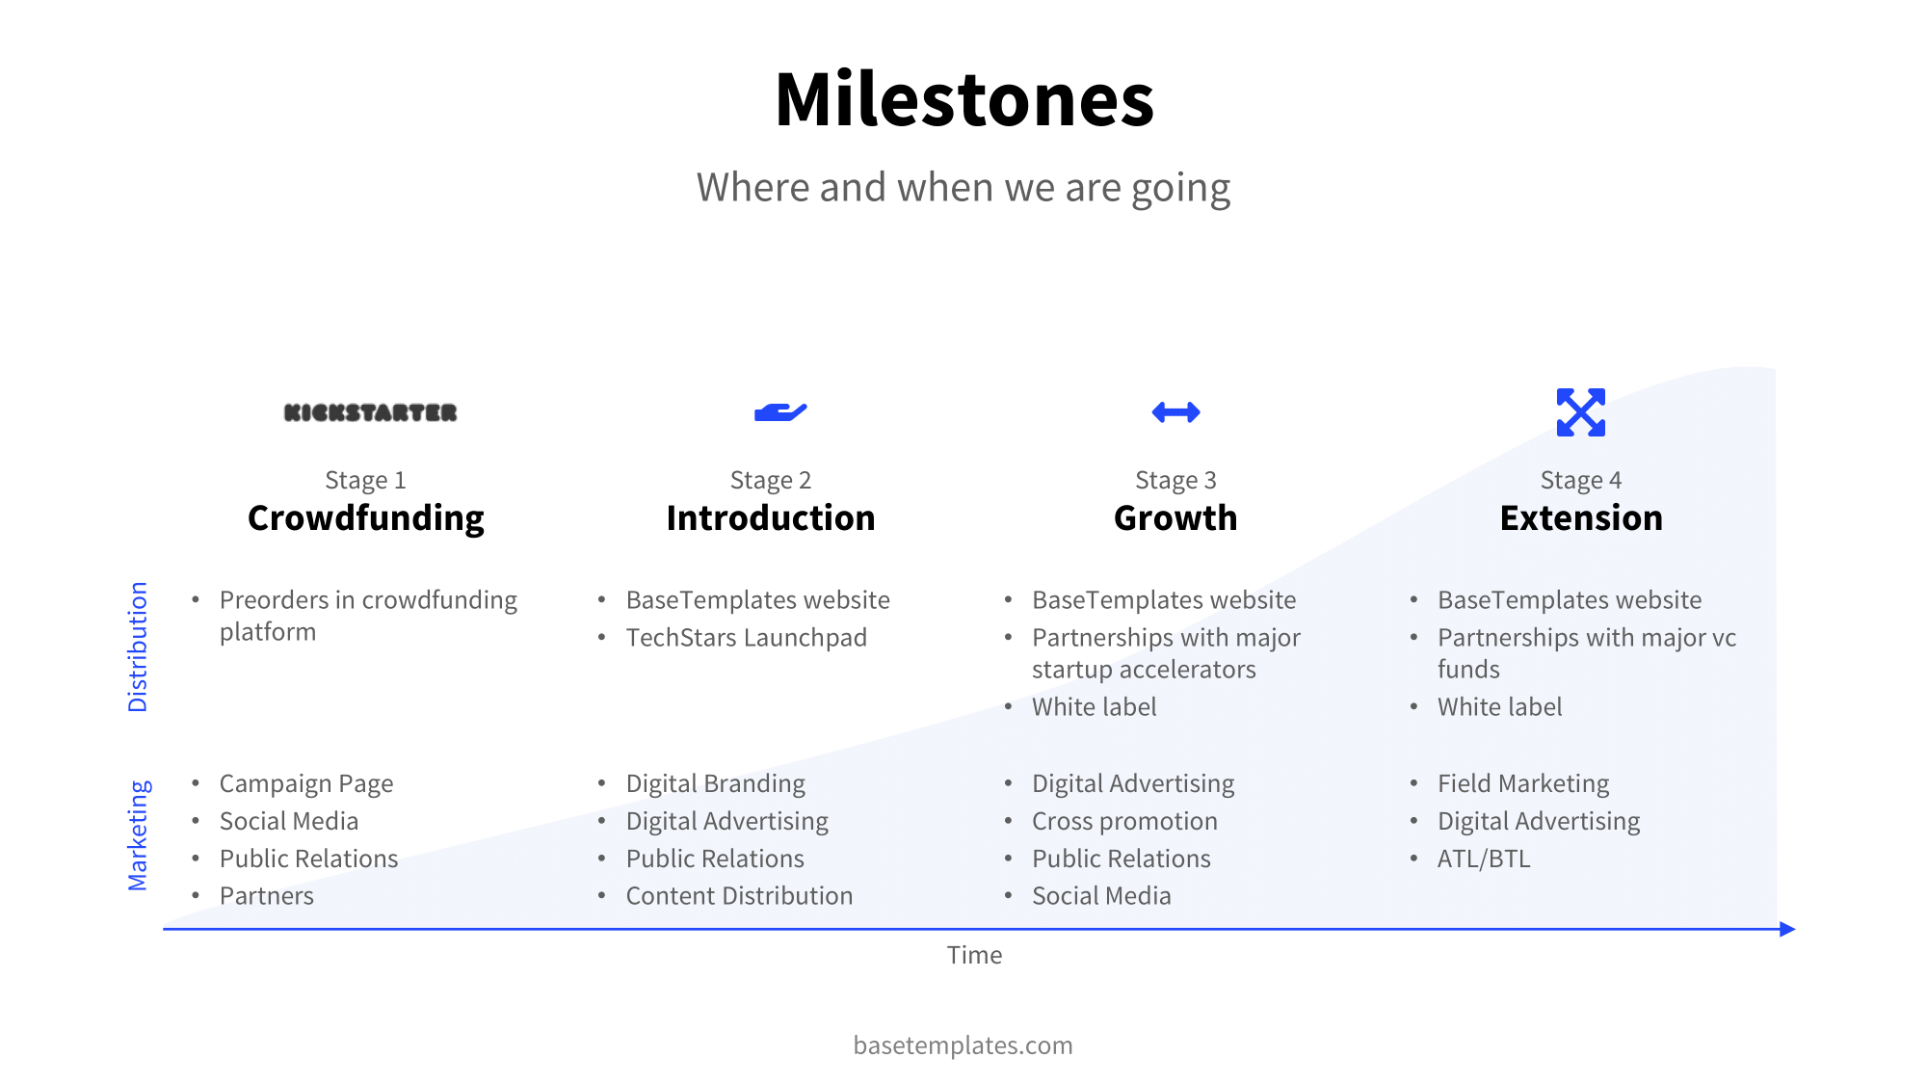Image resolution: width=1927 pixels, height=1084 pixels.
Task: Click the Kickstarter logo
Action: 370,412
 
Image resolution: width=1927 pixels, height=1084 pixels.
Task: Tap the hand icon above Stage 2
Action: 780,412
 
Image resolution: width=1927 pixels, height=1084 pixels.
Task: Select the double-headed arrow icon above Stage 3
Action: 1175,412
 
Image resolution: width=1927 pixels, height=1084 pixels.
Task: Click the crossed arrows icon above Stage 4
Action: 1580,412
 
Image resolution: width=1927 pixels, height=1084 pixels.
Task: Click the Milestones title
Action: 963,100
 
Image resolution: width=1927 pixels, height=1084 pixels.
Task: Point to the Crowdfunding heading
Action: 366,518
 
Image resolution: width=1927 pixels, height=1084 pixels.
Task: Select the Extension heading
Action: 1581,518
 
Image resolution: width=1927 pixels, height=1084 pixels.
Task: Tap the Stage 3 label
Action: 1175,480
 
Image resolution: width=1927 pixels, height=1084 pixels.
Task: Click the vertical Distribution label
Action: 139,647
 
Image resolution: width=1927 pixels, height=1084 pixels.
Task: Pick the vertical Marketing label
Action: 139,835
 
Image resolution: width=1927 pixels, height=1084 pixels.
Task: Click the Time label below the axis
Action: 974,955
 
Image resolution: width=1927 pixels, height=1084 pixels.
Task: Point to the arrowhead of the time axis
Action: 1787,929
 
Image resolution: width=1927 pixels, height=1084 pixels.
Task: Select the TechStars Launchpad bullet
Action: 746,638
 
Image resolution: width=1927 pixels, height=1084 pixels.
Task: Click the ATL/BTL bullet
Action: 1483,859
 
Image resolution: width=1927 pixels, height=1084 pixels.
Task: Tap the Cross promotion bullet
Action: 1124,821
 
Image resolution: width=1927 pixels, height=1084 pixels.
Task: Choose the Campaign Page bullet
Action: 306,783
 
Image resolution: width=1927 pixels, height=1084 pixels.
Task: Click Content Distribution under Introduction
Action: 739,896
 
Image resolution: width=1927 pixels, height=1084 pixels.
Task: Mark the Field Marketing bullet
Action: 1523,783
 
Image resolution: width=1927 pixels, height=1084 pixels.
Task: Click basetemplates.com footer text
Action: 963,1045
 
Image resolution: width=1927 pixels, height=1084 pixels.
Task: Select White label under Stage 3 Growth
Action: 1094,707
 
